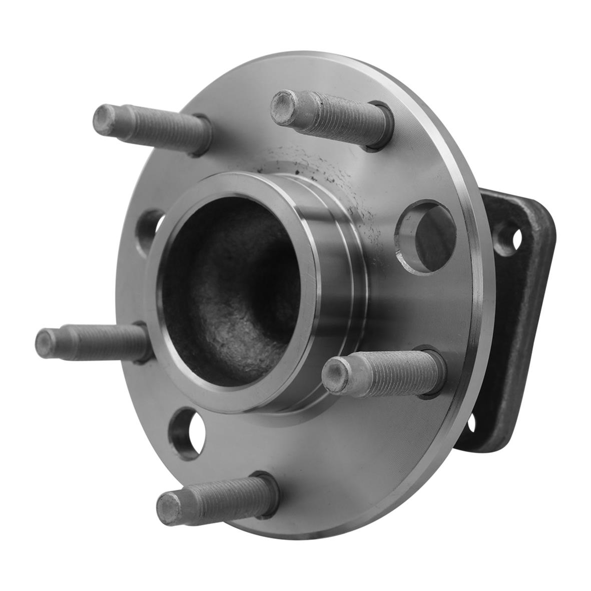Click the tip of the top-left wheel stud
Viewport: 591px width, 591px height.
[106, 118]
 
